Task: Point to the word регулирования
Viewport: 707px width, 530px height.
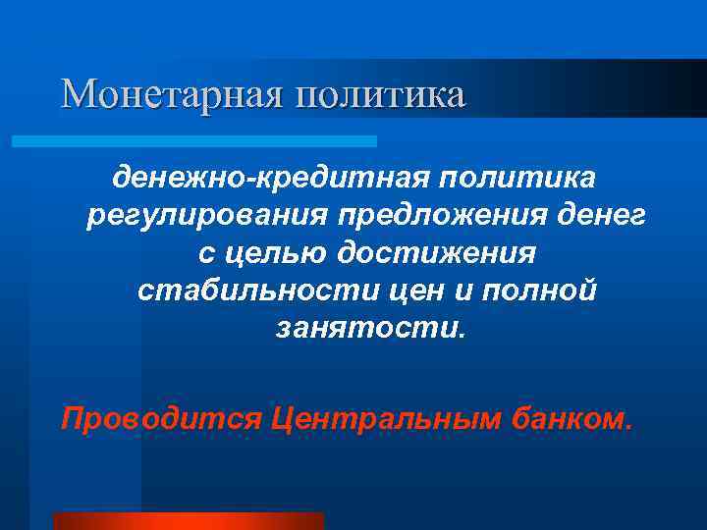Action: (208, 216)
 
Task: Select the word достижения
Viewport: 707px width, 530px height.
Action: (437, 253)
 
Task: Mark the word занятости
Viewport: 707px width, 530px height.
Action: (365, 328)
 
